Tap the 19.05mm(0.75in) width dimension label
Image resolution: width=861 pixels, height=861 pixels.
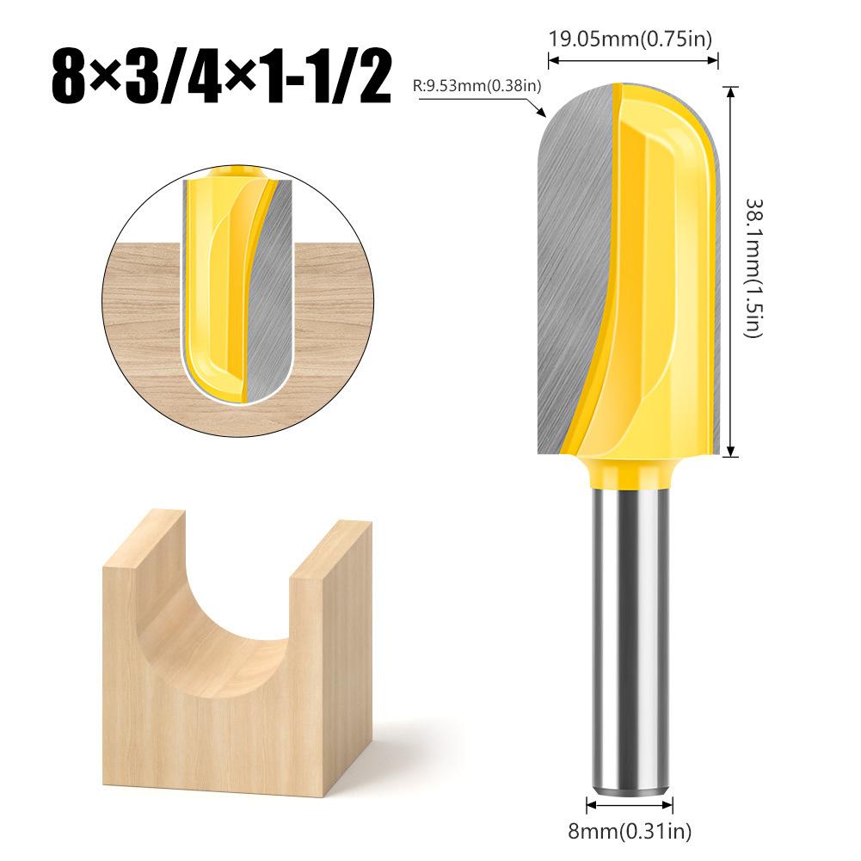coord(631,39)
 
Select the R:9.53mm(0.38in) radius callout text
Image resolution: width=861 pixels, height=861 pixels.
coord(477,84)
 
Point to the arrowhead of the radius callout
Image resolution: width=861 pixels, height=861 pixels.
coord(543,113)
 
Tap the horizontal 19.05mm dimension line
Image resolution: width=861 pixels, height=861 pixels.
coord(633,60)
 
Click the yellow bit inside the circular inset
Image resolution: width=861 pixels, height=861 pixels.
coord(215,284)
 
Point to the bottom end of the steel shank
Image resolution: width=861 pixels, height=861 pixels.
coord(630,783)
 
